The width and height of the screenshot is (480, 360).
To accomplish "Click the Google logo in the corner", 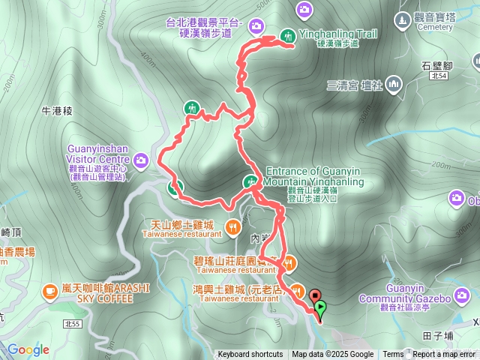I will (28, 349).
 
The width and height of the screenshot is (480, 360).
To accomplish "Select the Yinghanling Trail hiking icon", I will (288, 35).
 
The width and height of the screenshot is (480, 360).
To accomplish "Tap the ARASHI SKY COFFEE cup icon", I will (50, 289).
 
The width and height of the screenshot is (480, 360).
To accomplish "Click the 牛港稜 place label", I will (57, 111).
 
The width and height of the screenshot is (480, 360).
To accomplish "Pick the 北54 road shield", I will (439, 76).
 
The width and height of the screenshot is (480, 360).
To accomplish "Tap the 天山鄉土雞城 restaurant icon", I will (233, 225).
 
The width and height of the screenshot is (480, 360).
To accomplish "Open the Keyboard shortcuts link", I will (250, 355).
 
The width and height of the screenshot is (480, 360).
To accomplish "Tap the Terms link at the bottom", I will (393, 355).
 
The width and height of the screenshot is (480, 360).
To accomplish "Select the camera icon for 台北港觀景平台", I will (256, 26).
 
